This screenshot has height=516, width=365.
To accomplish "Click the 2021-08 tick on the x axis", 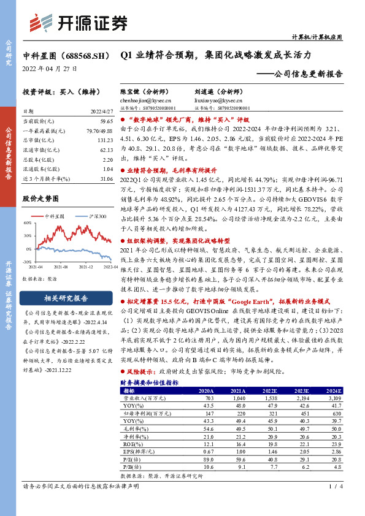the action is pos(61,267).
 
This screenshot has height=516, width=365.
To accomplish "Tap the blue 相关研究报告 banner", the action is pos(66,298).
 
